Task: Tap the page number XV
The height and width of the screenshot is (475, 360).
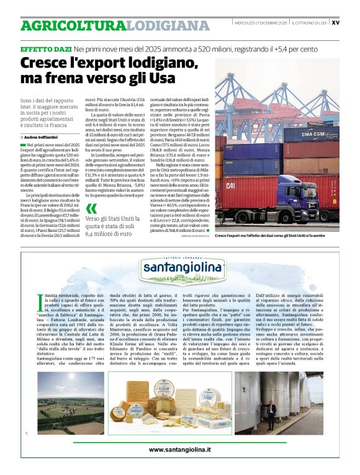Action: point(335,22)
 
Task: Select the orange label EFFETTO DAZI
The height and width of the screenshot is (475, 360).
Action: point(45,48)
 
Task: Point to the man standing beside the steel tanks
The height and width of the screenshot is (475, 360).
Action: point(271,411)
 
